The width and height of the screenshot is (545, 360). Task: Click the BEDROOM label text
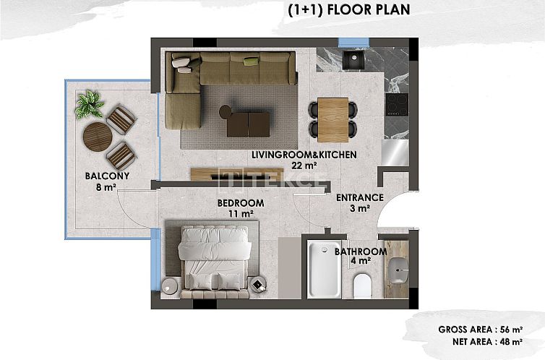[x=241, y=203]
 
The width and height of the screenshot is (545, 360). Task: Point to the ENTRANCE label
[x=359, y=197]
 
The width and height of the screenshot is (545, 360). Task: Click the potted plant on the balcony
[x=90, y=105]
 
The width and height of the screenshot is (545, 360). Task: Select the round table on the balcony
[x=96, y=135]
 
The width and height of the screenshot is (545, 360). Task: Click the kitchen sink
[x=355, y=60]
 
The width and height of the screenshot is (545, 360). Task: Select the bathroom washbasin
[x=397, y=270]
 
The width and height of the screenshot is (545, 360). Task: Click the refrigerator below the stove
[x=396, y=151]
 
